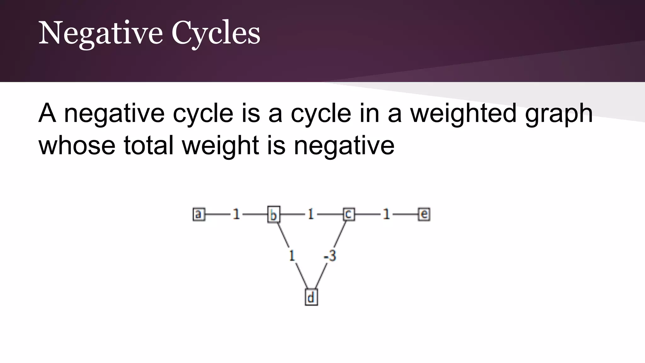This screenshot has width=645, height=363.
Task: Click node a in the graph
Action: pyautogui.click(x=198, y=215)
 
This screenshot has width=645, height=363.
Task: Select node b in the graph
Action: pyautogui.click(x=273, y=215)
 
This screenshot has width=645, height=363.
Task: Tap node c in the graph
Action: pyautogui.click(x=348, y=215)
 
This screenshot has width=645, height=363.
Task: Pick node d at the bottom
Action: pyautogui.click(x=311, y=297)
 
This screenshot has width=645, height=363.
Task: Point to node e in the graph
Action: pyautogui.click(x=424, y=215)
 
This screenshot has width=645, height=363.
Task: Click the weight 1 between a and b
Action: pyautogui.click(x=236, y=215)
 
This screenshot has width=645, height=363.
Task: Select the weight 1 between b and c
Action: pyautogui.click(x=311, y=215)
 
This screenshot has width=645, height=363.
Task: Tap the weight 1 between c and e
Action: pyautogui.click(x=386, y=215)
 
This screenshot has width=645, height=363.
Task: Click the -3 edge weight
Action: pyautogui.click(x=330, y=256)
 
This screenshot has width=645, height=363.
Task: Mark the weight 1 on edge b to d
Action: pyautogui.click(x=292, y=256)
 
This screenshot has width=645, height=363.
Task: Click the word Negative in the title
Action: pyautogui.click(x=100, y=33)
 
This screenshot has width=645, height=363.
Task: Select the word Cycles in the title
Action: pyautogui.click(x=216, y=33)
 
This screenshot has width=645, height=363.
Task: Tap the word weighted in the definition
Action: pyautogui.click(x=463, y=113)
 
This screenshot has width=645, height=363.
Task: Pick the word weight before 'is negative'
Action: pyautogui.click(x=220, y=146)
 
